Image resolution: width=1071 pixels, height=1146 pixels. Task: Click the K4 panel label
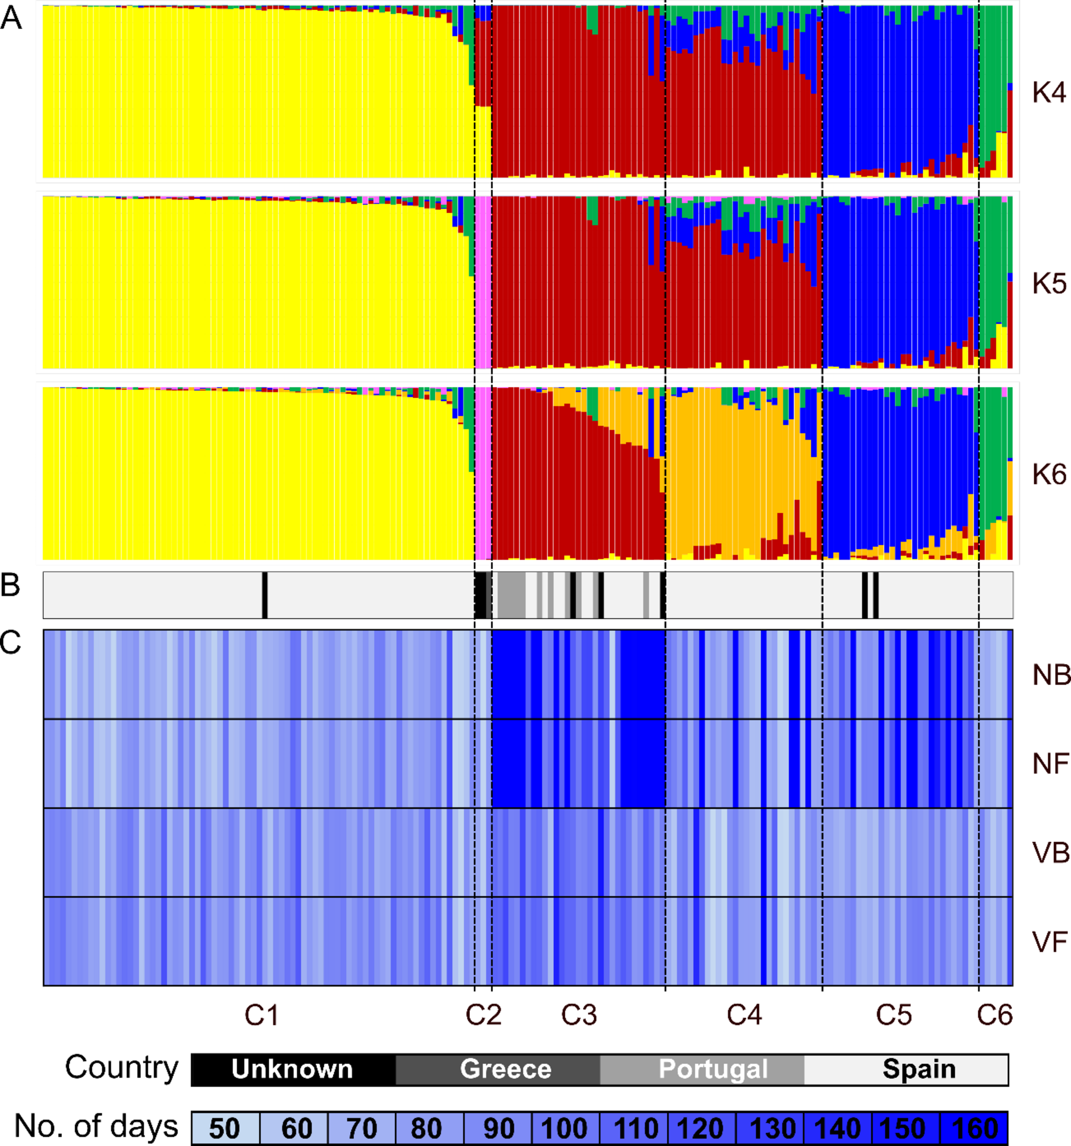(1048, 93)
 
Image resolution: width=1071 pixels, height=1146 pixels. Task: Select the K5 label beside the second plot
(1048, 284)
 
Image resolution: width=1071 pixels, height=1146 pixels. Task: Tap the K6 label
(1048, 474)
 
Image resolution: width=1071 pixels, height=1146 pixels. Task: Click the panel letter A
(11, 19)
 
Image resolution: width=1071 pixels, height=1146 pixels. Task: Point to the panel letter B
(10, 585)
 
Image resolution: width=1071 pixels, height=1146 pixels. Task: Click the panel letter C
(10, 642)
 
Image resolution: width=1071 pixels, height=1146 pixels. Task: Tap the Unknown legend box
(293, 1069)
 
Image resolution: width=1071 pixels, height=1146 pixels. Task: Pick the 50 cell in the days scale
(225, 1128)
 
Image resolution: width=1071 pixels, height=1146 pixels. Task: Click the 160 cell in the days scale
(974, 1128)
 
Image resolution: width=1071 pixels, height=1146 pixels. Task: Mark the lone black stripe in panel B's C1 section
(265, 595)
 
